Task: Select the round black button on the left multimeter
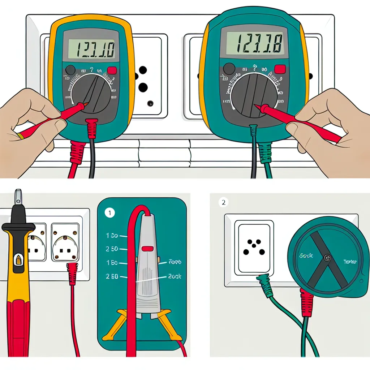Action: (70, 70)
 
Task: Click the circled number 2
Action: (224, 202)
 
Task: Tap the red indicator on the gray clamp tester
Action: (147, 248)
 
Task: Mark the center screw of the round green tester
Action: (327, 258)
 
